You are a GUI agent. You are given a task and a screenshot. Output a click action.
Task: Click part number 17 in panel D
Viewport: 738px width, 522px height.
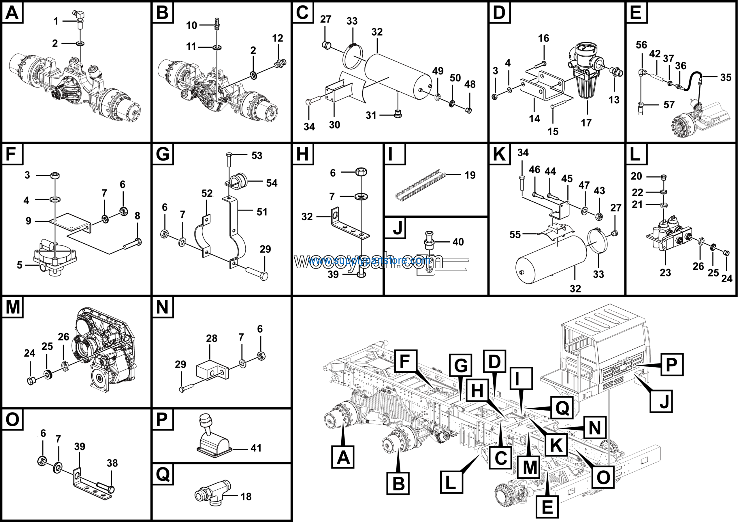586,123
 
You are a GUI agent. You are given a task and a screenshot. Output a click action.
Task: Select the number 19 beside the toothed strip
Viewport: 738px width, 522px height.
470,175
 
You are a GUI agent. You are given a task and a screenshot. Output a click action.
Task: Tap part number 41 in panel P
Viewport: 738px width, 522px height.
256,448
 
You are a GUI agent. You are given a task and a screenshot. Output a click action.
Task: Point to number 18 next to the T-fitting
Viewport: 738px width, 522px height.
246,497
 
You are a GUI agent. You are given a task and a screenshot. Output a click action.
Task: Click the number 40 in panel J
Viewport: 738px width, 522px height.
458,242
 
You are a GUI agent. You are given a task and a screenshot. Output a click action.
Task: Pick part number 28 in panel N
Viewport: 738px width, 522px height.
212,338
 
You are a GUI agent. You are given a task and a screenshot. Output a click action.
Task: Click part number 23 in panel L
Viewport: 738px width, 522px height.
665,273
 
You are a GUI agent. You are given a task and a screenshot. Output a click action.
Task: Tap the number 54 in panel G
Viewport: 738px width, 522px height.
272,183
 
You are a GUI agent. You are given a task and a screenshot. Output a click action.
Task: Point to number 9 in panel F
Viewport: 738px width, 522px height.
29,221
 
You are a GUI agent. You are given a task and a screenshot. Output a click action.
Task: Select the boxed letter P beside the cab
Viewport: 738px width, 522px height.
671,364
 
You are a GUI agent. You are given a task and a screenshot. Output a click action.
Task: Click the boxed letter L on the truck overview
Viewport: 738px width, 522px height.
451,482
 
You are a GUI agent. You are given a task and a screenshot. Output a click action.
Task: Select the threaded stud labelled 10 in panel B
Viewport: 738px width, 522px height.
217,23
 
